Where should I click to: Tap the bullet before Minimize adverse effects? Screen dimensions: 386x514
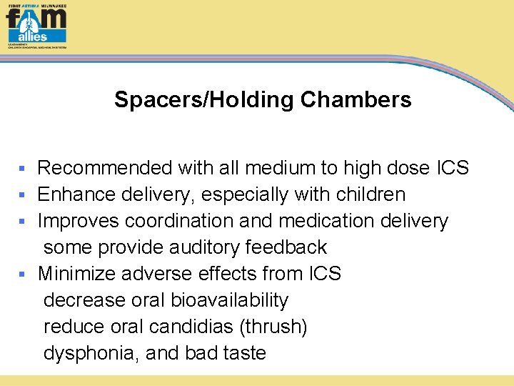click(x=22, y=274)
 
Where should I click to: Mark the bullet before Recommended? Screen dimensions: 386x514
click(x=22, y=169)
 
